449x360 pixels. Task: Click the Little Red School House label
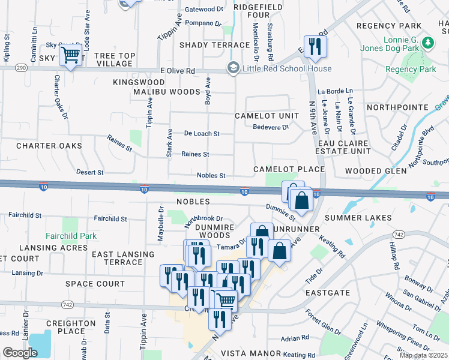pos(287,68)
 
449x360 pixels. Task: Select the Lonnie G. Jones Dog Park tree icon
pos(428,43)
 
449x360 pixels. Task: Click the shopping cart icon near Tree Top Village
pos(71,55)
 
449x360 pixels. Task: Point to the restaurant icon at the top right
pos(315,46)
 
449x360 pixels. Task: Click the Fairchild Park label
pos(71,236)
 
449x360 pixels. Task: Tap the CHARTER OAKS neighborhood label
pos(49,146)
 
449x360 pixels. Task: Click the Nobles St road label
pos(211,176)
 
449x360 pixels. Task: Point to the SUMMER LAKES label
pos(358,218)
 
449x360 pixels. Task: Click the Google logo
pos(20,353)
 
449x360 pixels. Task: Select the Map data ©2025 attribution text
pos(423,355)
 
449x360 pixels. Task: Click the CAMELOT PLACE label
pos(289,170)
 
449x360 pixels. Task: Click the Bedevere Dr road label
pos(271,127)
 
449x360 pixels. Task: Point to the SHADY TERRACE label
pos(214,45)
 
